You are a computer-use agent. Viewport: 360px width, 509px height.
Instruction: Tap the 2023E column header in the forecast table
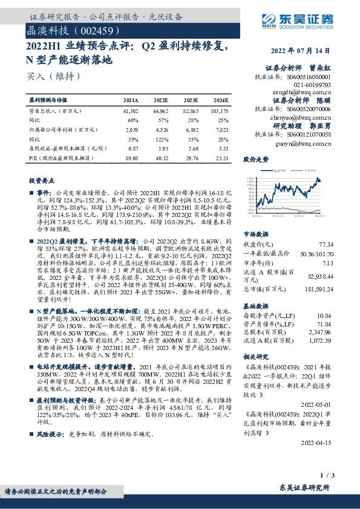click(x=191, y=100)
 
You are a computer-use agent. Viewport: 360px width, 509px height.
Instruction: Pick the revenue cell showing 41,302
click(x=131, y=112)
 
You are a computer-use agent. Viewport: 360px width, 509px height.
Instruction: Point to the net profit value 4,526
click(x=161, y=129)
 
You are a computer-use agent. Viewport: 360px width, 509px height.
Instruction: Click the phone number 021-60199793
click(x=312, y=86)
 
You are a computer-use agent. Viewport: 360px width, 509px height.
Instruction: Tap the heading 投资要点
click(x=41, y=180)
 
